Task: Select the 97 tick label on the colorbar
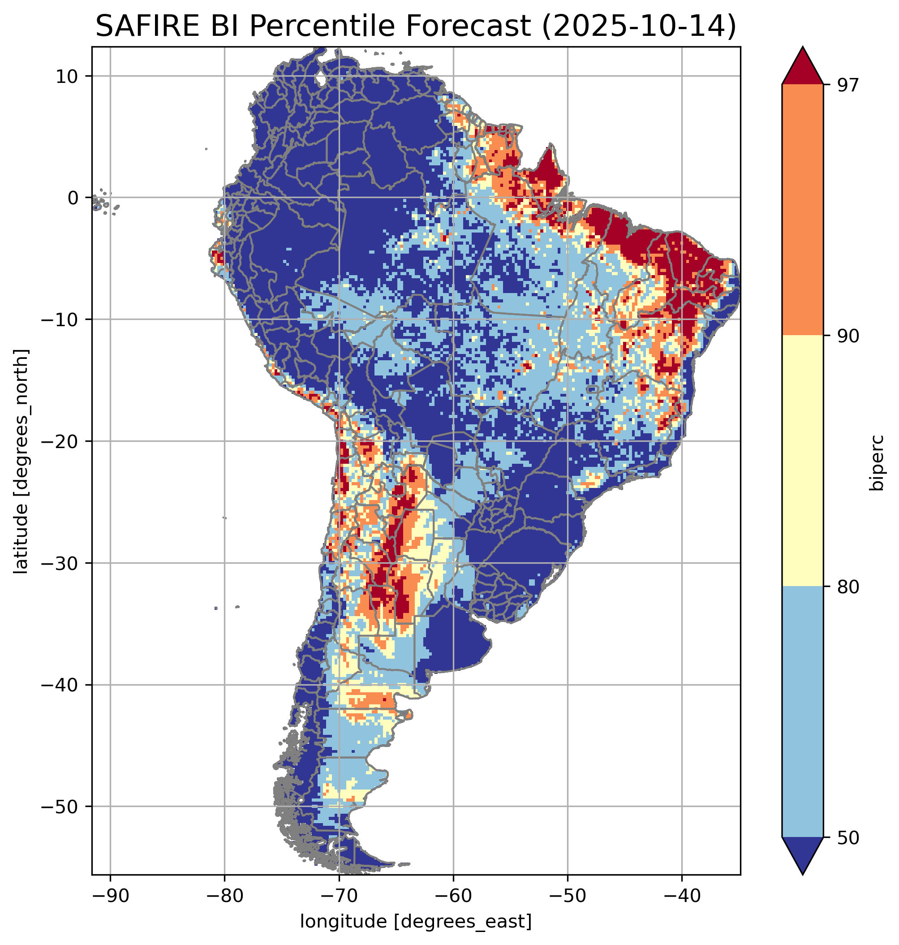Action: (848, 85)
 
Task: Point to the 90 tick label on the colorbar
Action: (848, 336)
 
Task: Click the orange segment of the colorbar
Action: (802, 210)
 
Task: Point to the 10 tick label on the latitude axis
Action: (67, 76)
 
